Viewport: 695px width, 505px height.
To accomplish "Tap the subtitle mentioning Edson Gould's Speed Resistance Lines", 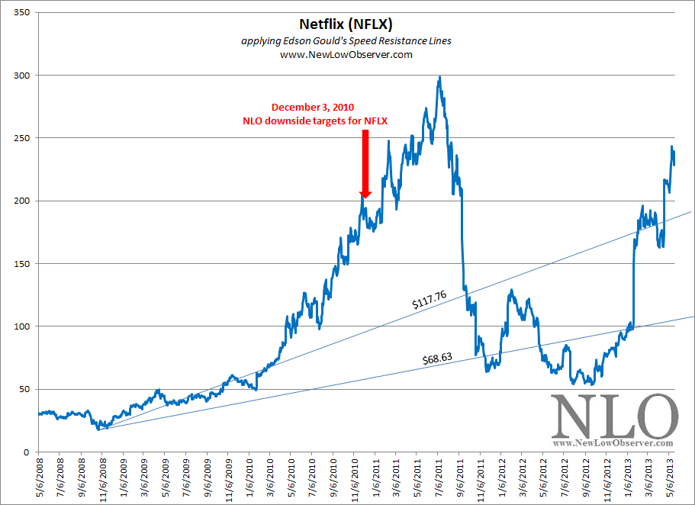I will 346,40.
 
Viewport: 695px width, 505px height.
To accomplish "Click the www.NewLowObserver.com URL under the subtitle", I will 346,55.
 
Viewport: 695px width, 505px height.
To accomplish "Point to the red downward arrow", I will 365,164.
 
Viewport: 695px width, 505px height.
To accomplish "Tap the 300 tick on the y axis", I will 22,76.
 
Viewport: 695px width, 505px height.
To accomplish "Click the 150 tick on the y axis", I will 22,264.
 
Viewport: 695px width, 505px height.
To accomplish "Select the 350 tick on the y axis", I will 22,13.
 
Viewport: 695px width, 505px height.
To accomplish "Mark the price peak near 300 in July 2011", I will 439,77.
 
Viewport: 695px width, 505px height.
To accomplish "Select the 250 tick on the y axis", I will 22,138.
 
